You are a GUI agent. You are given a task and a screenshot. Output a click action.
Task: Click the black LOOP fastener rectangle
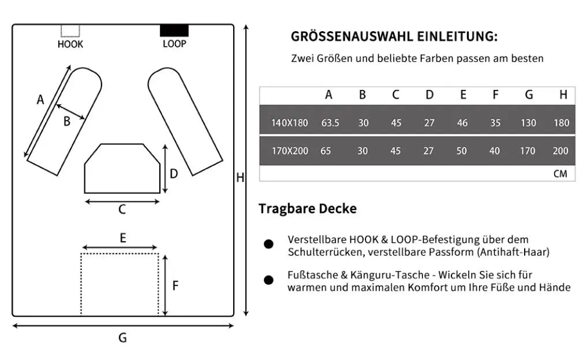click(x=174, y=31)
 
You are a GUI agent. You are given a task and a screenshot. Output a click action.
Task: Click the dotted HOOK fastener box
click(x=70, y=31)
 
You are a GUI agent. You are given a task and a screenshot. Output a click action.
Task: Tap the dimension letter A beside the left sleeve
click(x=40, y=100)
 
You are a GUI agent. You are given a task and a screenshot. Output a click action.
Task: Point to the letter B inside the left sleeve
click(x=67, y=121)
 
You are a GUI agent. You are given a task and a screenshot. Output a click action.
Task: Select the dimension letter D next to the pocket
click(x=174, y=174)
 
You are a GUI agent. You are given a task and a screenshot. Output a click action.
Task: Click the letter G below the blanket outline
click(x=122, y=337)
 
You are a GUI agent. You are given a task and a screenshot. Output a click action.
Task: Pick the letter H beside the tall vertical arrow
click(x=240, y=178)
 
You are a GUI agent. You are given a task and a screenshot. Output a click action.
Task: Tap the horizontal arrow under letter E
click(x=119, y=247)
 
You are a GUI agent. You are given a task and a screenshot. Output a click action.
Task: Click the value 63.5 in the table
click(x=330, y=123)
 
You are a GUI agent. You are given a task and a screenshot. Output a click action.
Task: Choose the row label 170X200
click(x=290, y=151)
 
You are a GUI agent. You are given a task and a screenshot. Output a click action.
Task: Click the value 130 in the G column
click(x=528, y=123)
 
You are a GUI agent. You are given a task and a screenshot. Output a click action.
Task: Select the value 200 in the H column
click(x=560, y=151)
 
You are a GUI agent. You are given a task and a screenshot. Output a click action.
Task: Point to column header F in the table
click(x=495, y=95)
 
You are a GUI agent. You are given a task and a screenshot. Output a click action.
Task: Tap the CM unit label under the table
click(x=560, y=174)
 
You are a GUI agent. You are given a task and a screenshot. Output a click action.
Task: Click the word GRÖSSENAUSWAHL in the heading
click(x=352, y=36)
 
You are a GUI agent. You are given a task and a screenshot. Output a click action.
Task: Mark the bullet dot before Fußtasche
click(x=268, y=280)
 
